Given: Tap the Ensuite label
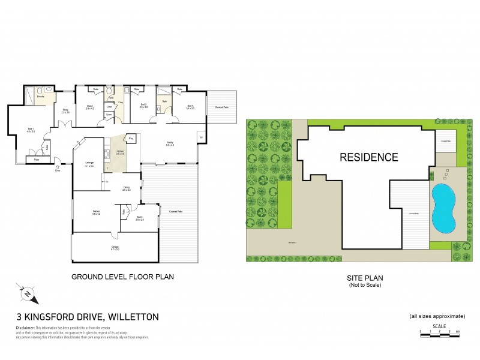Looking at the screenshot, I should click(x=41, y=97).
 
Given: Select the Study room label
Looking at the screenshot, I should click(x=65, y=110).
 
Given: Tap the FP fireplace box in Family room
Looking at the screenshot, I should click(x=200, y=137).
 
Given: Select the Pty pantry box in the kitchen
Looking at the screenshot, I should click(x=131, y=138).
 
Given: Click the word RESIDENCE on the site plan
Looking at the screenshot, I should click(x=368, y=158).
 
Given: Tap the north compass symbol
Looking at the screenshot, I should click(x=28, y=295).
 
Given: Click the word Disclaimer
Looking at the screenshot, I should click(x=25, y=328).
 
